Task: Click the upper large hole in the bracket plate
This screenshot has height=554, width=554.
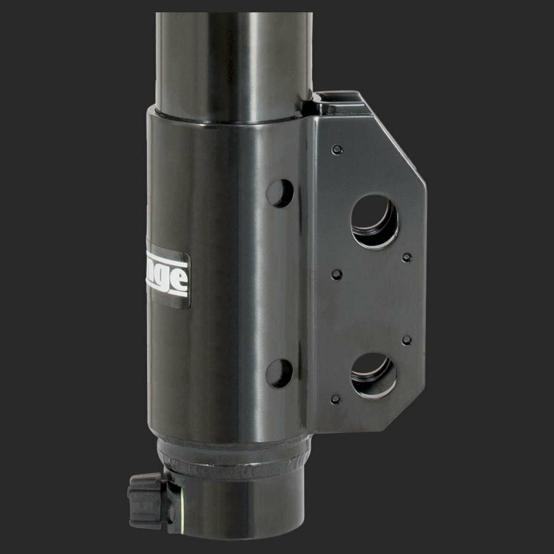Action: click(374, 221)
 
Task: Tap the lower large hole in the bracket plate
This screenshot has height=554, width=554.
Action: click(374, 375)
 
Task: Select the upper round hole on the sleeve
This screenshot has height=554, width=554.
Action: click(279, 193)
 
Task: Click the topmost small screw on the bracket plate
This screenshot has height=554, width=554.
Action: click(336, 150)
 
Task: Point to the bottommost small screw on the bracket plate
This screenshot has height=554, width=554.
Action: click(335, 399)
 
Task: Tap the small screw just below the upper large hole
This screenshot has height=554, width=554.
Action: click(406, 257)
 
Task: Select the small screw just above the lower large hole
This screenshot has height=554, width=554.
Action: click(406, 340)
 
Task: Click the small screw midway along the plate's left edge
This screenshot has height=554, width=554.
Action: click(336, 274)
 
